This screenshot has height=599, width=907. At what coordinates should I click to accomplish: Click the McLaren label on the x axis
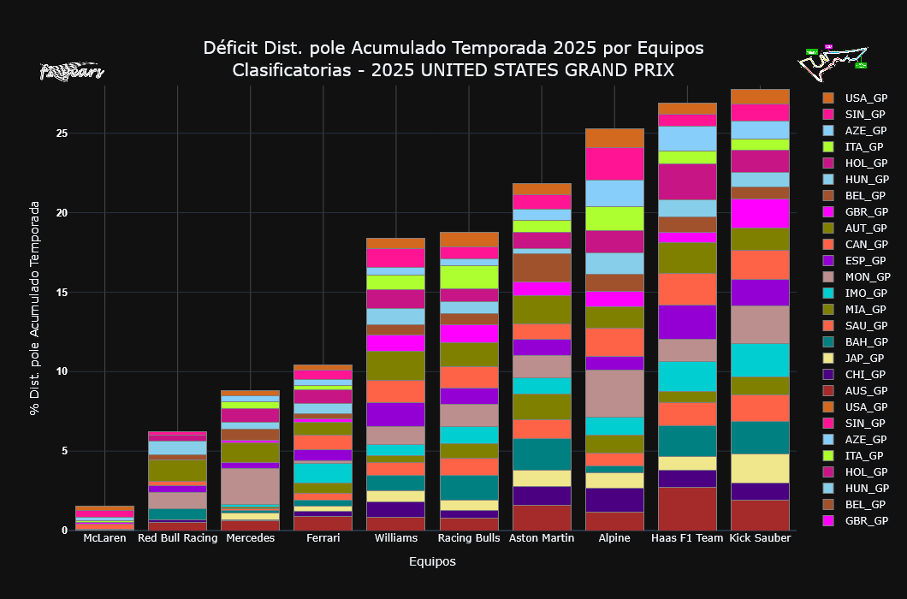point(104,538)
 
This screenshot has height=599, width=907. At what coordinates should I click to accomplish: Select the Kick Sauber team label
point(760,538)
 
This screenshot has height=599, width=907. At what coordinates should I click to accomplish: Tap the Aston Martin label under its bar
point(542,538)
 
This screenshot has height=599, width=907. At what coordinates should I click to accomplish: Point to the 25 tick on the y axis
point(60,133)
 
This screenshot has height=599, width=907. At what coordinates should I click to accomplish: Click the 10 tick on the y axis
point(60,371)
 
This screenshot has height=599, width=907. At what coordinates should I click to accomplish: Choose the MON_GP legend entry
point(867,276)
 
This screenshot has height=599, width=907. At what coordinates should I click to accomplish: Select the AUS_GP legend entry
point(867,390)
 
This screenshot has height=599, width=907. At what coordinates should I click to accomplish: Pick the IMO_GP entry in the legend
point(866,293)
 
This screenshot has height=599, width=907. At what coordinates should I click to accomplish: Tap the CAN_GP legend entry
point(866,244)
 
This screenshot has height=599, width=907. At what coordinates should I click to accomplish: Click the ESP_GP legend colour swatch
point(827,260)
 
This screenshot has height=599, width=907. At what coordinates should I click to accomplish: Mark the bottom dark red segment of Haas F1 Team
point(687,508)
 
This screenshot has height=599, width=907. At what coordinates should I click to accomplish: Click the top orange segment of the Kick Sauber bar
point(760,97)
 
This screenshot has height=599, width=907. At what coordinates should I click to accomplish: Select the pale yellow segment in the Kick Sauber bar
point(760,468)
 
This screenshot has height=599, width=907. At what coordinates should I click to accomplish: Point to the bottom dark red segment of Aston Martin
point(542,517)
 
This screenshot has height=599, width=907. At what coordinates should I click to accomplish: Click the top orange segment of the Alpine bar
point(614,138)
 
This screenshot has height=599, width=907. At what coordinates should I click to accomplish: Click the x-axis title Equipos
point(432,562)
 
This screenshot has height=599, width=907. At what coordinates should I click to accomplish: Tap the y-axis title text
point(35,308)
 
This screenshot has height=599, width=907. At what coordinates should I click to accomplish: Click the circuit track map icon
point(833,61)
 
